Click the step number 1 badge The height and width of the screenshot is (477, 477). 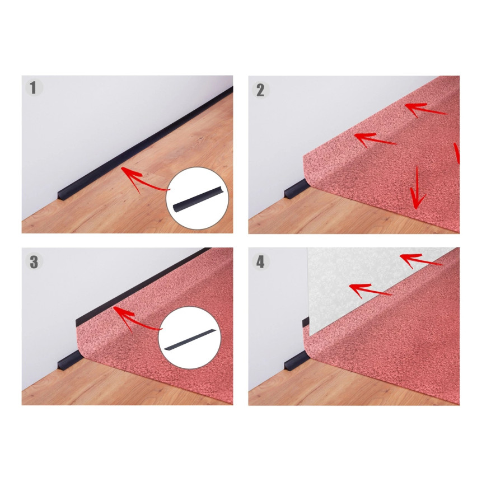(34, 87)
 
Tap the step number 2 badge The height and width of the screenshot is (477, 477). (260, 90)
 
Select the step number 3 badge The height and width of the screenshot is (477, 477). (34, 262)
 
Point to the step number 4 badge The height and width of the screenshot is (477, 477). (260, 262)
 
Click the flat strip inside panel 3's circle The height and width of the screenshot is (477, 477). (190, 338)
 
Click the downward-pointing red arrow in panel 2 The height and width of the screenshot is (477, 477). (417, 189)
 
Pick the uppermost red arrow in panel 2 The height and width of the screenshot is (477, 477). (426, 110)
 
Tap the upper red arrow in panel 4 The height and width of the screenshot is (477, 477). (421, 260)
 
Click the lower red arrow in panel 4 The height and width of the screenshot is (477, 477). (370, 290)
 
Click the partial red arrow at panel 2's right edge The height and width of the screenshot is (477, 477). (457, 153)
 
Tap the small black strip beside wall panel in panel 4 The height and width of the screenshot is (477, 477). (306, 322)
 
